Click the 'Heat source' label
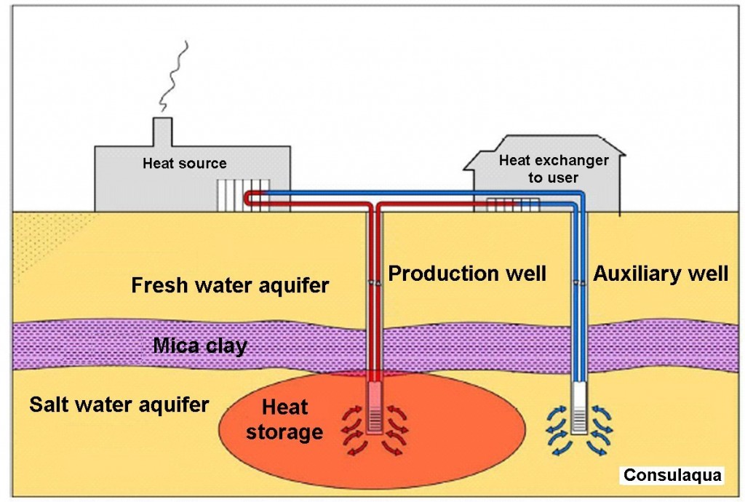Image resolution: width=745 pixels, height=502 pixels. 184,164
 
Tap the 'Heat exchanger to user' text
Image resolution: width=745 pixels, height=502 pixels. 553,169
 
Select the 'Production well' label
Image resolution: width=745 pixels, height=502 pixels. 466,274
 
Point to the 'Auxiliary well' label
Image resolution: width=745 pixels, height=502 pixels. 660,274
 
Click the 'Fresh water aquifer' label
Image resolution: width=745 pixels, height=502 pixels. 230,285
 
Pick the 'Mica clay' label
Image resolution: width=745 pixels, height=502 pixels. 199,345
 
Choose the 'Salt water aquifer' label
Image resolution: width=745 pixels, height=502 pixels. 119,403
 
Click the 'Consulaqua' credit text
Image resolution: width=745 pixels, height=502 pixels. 671,476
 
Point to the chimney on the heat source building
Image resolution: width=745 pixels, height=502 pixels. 162,131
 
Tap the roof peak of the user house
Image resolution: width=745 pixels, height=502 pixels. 538,136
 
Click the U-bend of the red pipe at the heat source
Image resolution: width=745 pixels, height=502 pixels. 249,199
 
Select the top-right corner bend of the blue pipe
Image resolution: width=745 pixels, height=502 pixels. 582,196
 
